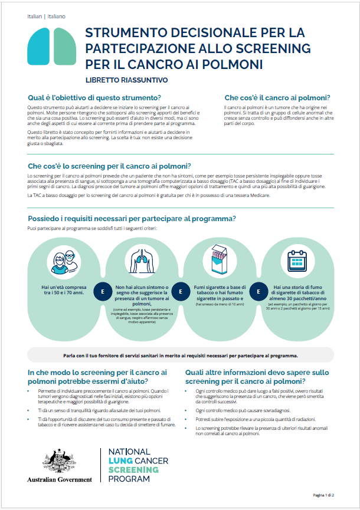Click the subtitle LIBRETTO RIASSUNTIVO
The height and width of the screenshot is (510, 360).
pos(126,80)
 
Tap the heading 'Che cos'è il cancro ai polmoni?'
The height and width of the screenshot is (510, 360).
pos(277,97)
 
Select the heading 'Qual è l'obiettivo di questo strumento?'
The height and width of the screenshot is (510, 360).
pos(95,97)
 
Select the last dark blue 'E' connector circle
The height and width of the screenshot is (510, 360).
pos(257,291)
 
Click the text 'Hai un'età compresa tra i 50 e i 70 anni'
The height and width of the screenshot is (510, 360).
pos(63,290)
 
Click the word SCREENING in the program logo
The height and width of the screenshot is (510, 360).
pos(134,470)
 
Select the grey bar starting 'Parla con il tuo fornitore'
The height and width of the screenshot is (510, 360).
pos(180,356)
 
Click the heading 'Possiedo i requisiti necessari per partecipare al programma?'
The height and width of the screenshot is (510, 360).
pos(132,219)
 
